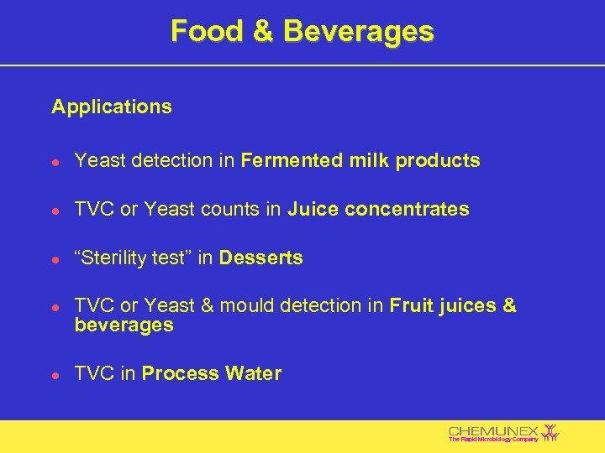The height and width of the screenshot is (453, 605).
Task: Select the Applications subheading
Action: point(111,107)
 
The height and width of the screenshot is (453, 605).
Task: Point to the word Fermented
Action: point(287,160)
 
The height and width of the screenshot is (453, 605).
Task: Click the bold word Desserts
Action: point(260,258)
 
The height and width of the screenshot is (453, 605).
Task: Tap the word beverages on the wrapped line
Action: point(124,325)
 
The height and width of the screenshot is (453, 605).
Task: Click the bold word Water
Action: point(253,374)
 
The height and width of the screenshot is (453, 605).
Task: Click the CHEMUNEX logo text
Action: point(493,430)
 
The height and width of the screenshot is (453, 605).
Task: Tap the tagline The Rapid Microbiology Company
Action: point(493,440)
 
